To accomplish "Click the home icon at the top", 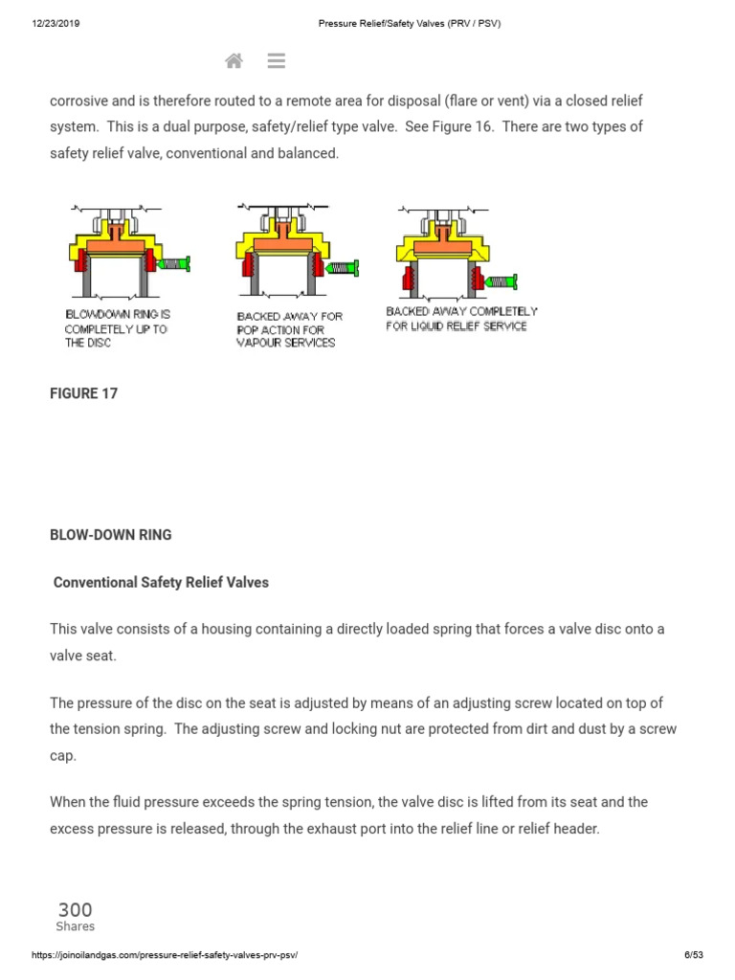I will [x=234, y=61].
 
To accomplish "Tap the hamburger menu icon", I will [x=277, y=61].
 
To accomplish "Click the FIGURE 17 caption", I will [x=84, y=393].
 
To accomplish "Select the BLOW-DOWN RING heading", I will [x=111, y=535].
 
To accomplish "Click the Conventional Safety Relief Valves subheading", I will [x=161, y=582].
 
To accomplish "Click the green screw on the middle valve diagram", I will [x=342, y=268].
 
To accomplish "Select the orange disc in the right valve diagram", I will [x=443, y=246].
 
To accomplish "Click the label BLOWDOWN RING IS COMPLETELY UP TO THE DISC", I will [x=118, y=328].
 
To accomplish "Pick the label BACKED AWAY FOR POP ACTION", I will [x=289, y=329].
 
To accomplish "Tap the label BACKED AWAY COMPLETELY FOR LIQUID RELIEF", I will [x=461, y=319].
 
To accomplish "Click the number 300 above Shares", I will [x=75, y=910].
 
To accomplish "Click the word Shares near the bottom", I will [x=75, y=926].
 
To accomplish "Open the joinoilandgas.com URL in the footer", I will [x=171, y=955].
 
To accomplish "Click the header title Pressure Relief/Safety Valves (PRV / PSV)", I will [x=409, y=24].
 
